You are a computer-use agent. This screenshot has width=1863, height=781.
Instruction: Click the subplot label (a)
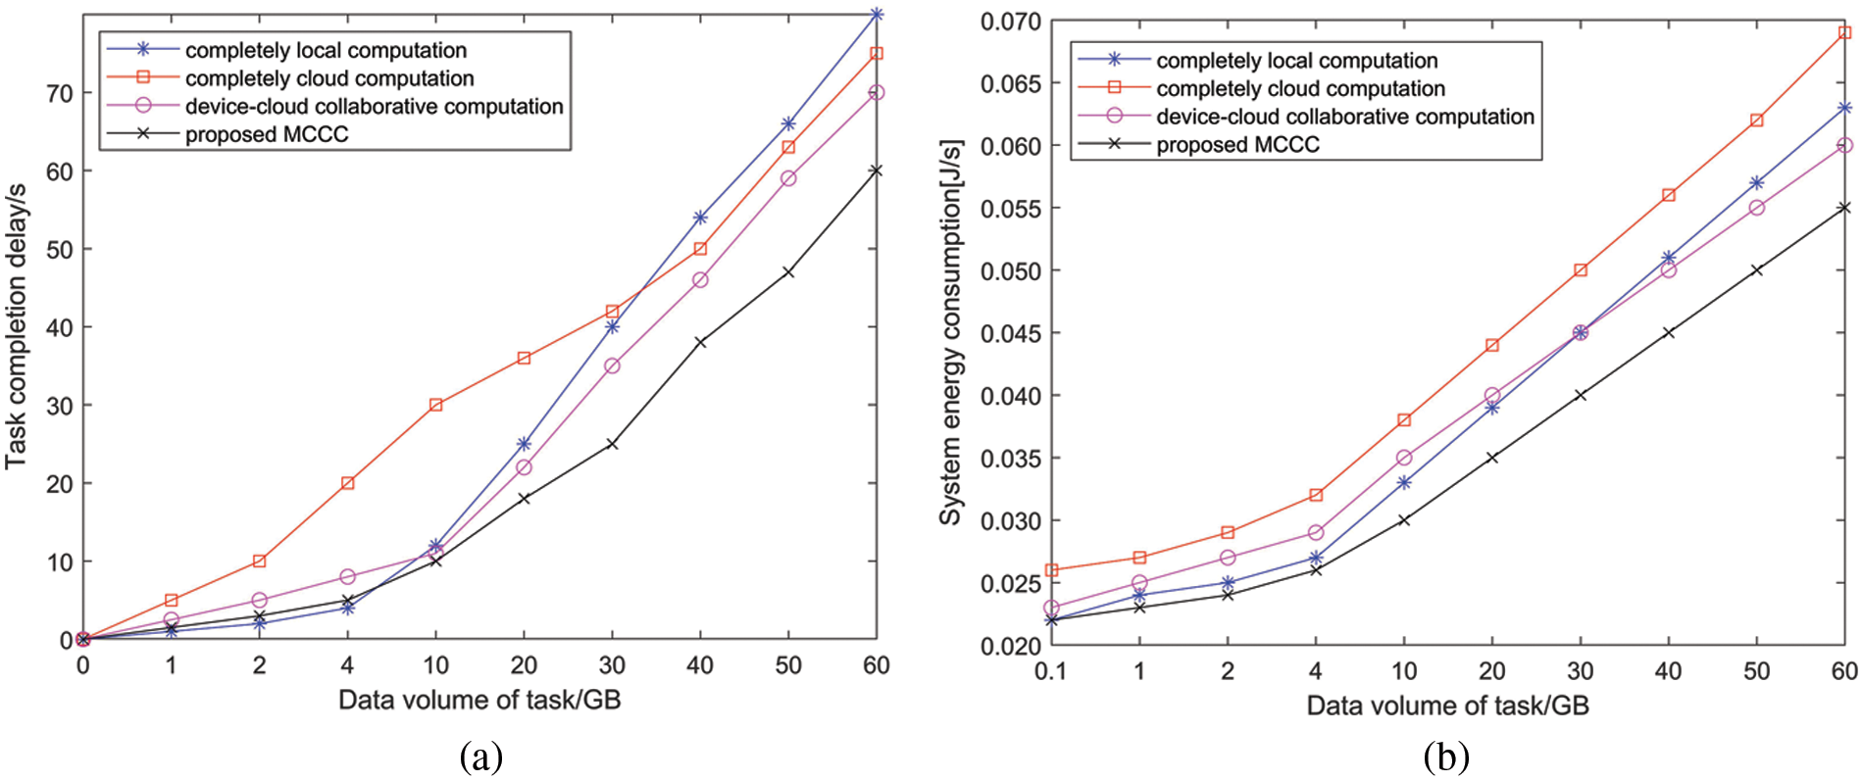pyautogui.click(x=480, y=757)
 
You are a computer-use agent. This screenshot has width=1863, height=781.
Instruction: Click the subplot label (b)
pyautogui.click(x=1446, y=757)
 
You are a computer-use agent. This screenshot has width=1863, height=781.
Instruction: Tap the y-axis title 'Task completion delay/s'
pyautogui.click(x=17, y=326)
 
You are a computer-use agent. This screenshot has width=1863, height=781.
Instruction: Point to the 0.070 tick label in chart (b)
pyautogui.click(x=1010, y=22)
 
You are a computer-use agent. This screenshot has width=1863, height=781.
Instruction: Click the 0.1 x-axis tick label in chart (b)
pyautogui.click(x=1050, y=671)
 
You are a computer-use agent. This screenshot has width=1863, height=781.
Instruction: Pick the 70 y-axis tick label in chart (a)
pyautogui.click(x=59, y=93)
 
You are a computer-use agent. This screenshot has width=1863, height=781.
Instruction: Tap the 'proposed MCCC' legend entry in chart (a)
pyautogui.click(x=267, y=134)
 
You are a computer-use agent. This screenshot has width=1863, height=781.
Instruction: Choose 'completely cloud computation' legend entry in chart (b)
pyautogui.click(x=1300, y=89)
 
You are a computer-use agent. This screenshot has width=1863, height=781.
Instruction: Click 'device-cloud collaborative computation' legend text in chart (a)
pyautogui.click(x=374, y=106)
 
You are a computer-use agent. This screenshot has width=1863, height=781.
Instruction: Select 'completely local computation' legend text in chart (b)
pyautogui.click(x=1296, y=61)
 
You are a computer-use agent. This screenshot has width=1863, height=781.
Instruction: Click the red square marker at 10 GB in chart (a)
pyautogui.click(x=435, y=405)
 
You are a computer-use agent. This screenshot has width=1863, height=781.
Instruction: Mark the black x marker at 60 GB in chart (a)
pyautogui.click(x=876, y=171)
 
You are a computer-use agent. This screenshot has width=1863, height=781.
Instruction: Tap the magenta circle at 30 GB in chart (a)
pyautogui.click(x=612, y=366)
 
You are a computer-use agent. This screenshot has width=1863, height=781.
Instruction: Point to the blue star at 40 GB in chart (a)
pyautogui.click(x=700, y=218)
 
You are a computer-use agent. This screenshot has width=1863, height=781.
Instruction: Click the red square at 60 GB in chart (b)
pyautogui.click(x=1844, y=33)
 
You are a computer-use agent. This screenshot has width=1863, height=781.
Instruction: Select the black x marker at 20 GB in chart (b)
pyautogui.click(x=1491, y=458)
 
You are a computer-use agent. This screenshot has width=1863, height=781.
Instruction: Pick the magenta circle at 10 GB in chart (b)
pyautogui.click(x=1404, y=458)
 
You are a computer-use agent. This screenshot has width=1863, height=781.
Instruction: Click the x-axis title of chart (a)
pyautogui.click(x=479, y=700)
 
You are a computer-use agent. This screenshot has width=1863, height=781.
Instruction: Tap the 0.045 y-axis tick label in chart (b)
pyautogui.click(x=1010, y=333)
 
